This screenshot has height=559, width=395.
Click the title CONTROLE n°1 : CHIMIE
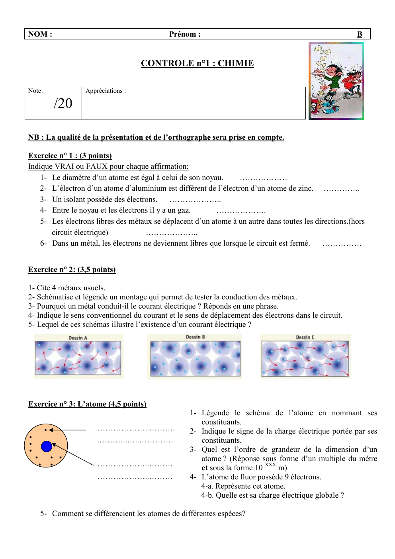(197, 63)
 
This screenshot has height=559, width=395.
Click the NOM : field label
(40, 34)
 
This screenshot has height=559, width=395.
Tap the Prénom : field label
(185, 34)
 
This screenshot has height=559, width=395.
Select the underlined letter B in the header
(360, 34)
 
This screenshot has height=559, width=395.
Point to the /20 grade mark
(63, 104)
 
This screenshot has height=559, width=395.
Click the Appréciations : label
(106, 91)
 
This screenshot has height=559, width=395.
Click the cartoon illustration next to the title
(336, 81)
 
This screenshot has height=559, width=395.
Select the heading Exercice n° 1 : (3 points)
(70, 156)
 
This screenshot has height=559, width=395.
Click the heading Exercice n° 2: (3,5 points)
(72, 270)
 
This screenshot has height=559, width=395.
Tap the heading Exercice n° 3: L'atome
(87, 404)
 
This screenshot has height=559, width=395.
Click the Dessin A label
(78, 338)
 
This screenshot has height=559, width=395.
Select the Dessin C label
(305, 337)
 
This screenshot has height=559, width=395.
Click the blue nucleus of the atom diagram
(47, 446)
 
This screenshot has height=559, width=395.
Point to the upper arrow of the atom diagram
(68, 430)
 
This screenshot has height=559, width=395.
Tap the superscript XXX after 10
(270, 465)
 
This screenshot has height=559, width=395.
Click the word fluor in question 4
(244, 477)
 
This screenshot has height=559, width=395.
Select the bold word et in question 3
(205, 468)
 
